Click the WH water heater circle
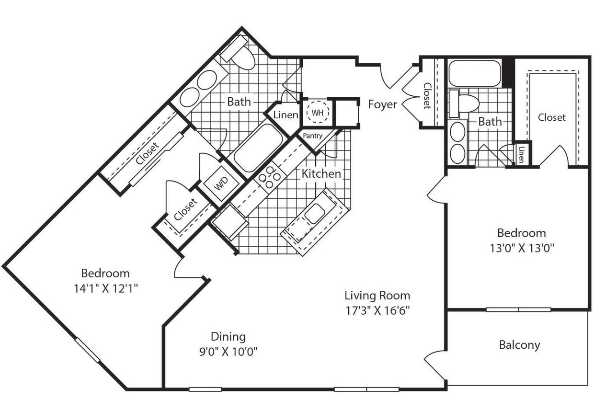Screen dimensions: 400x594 click(x=317, y=113)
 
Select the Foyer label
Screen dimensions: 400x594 click(x=382, y=104)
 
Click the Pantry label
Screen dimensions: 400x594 click(x=312, y=136)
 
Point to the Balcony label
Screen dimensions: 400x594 click(x=519, y=344)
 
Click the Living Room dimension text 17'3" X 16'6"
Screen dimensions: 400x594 click(x=377, y=310)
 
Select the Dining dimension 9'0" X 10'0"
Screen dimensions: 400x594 click(x=228, y=352)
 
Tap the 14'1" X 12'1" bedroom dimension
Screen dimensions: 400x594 click(x=105, y=288)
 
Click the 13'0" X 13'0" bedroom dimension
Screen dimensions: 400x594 click(x=521, y=248)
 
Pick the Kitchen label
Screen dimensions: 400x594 click(x=321, y=173)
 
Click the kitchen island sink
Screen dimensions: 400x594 click(x=315, y=214)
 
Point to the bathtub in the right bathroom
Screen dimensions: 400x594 click(x=474, y=73)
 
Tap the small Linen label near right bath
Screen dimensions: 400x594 click(x=522, y=154)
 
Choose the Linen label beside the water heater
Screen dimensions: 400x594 click(x=286, y=115)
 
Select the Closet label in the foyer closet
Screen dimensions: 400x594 click(x=427, y=95)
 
